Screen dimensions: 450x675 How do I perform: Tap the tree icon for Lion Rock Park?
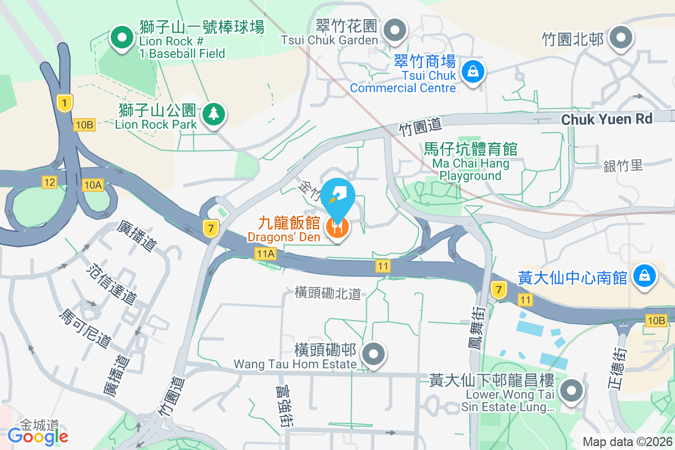pyautogui.click(x=213, y=114)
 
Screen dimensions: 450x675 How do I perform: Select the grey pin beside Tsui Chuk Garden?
pyautogui.click(x=396, y=29)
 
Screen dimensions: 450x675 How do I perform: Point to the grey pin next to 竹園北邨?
pyautogui.click(x=622, y=37)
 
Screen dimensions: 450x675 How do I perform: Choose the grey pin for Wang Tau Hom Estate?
pyautogui.click(x=372, y=354)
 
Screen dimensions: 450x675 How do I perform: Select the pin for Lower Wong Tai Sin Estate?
pyautogui.click(x=572, y=390)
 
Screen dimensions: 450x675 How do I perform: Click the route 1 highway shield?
pyautogui.click(x=65, y=103)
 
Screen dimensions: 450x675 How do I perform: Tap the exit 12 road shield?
pyautogui.click(x=49, y=182)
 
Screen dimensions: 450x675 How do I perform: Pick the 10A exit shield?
pyautogui.click(x=92, y=184)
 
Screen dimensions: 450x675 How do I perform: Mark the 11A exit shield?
pyautogui.click(x=265, y=254)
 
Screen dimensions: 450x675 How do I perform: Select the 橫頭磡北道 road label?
pyautogui.click(x=327, y=293)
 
